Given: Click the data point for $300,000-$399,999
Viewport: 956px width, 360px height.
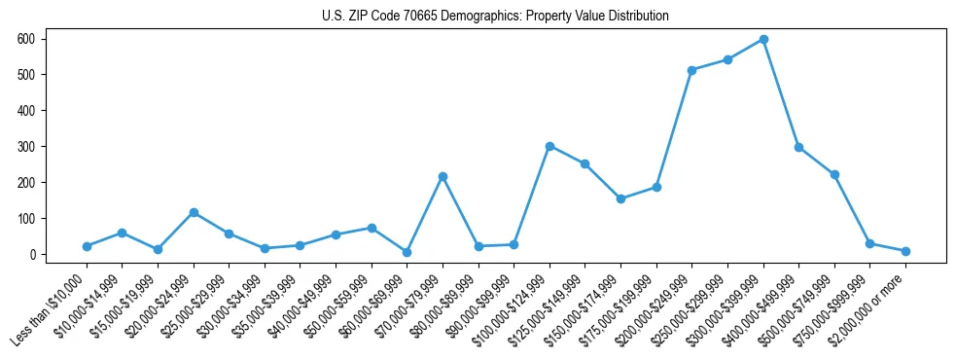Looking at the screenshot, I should click(x=763, y=40).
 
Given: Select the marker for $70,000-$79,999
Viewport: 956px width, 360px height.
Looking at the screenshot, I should click(x=443, y=176).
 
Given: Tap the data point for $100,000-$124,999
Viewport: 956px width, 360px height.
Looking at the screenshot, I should click(x=549, y=146).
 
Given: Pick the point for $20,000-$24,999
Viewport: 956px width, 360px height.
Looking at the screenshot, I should click(x=194, y=212).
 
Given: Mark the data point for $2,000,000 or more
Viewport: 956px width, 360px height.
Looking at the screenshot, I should click(x=905, y=251).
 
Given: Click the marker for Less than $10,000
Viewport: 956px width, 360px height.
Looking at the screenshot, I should click(x=87, y=246).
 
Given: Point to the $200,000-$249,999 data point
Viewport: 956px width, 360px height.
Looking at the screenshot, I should click(x=691, y=70).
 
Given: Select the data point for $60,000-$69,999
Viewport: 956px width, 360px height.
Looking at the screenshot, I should click(x=407, y=252).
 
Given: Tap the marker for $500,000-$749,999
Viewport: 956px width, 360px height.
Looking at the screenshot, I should click(x=834, y=174).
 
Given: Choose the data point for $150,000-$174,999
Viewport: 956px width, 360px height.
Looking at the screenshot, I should click(x=620, y=198).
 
